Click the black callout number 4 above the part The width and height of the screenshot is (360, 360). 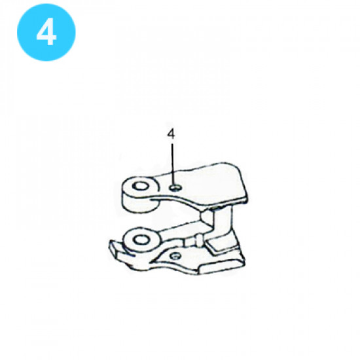[171, 134]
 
